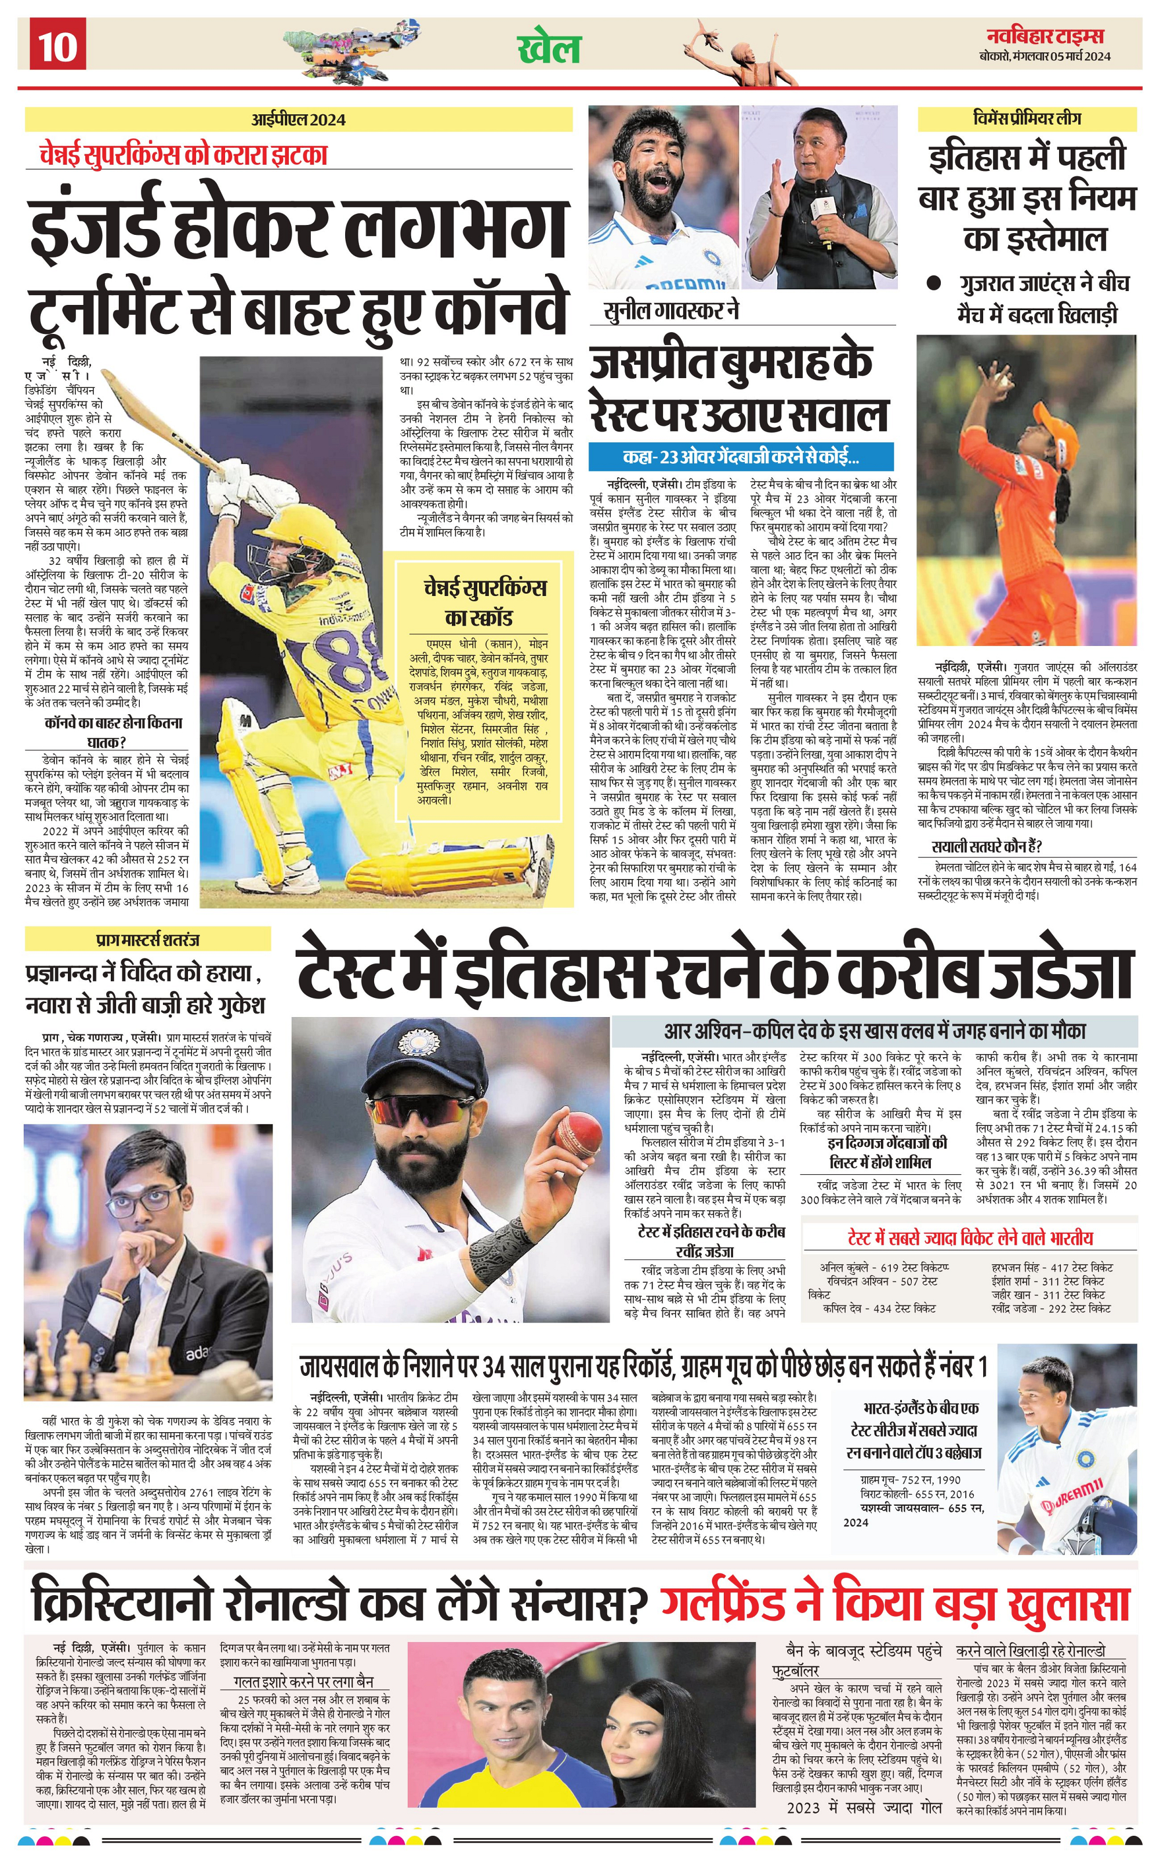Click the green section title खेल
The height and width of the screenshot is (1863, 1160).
click(549, 48)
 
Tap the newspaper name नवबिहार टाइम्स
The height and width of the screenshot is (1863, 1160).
click(1045, 36)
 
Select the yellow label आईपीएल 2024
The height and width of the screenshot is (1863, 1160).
click(299, 119)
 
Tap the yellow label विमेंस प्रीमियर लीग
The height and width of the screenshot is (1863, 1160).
click(1026, 118)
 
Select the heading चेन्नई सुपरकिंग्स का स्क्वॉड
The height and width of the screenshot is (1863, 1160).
click(484, 603)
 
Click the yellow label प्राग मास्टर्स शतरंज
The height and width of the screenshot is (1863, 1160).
click(148, 939)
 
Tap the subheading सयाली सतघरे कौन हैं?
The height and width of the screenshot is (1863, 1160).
click(986, 846)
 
